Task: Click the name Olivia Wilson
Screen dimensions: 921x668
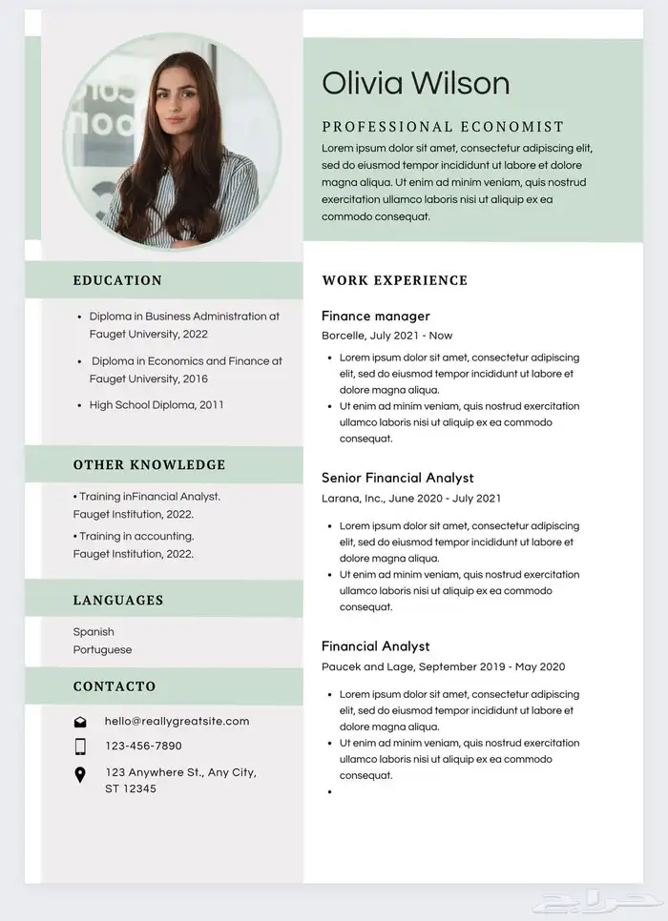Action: (415, 84)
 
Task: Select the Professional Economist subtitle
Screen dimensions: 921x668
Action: (443, 127)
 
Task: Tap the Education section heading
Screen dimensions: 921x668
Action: (117, 280)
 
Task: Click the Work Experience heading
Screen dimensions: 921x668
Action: (394, 280)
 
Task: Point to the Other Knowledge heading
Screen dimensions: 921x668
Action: (149, 465)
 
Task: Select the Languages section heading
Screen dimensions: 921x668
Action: (117, 601)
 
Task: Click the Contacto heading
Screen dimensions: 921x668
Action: (114, 686)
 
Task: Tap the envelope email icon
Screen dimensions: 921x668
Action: (80, 722)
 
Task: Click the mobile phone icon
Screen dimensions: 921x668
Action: (80, 747)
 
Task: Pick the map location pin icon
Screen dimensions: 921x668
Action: (80, 775)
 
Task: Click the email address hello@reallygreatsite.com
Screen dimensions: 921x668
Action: (177, 722)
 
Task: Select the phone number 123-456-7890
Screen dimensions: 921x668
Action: (143, 747)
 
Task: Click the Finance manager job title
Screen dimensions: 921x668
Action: (375, 316)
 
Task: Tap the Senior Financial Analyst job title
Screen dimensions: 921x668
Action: (397, 478)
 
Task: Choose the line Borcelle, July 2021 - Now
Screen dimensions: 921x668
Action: (386, 336)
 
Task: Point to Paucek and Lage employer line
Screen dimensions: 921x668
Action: (443, 666)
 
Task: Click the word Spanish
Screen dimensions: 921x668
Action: (94, 632)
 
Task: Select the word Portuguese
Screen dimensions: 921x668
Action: (102, 650)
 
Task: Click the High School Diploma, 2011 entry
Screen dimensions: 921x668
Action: (157, 405)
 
